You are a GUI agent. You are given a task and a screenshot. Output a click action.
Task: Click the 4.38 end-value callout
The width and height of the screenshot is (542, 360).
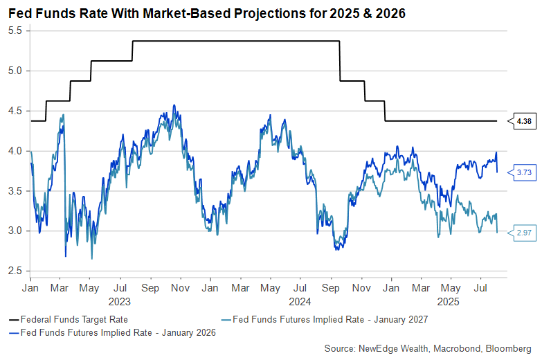click(522, 121)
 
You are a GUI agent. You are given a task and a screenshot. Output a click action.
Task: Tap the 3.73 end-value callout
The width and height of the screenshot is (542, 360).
click(522, 172)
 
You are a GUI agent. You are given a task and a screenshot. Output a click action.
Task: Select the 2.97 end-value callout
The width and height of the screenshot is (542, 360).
click(522, 233)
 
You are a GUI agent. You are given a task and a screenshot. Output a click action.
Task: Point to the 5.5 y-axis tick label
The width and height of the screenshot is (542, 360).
click(15, 30)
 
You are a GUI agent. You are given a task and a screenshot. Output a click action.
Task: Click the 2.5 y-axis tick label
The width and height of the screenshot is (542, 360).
click(15, 271)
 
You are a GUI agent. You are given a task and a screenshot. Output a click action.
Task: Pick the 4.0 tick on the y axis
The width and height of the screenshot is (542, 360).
click(15, 151)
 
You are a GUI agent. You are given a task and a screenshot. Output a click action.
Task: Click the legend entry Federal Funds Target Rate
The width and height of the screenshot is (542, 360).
click(69, 319)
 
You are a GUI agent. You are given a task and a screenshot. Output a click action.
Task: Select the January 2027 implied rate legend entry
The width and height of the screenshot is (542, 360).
click(325, 319)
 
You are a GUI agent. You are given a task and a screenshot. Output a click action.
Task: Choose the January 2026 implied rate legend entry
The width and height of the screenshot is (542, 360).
click(112, 333)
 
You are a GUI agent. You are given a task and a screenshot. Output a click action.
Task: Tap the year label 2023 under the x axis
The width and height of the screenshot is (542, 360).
click(120, 302)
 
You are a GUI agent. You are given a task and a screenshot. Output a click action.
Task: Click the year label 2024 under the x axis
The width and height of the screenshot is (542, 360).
click(300, 302)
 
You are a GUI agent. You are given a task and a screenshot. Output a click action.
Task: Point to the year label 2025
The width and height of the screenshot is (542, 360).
click(449, 302)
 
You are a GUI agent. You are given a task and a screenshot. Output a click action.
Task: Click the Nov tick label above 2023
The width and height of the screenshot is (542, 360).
click(181, 288)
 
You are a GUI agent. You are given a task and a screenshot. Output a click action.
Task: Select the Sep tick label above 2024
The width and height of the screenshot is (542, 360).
click(330, 288)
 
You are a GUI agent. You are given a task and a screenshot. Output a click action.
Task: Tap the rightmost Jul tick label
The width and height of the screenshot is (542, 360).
click(480, 288)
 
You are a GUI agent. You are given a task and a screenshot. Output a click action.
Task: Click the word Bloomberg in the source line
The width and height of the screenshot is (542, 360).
click(509, 348)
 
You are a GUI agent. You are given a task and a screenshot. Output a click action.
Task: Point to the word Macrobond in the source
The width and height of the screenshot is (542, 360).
click(457, 348)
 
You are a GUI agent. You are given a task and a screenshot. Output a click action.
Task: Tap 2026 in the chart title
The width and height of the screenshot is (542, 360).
click(390, 13)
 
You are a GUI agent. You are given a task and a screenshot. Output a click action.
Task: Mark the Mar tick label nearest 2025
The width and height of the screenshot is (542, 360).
click(421, 288)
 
